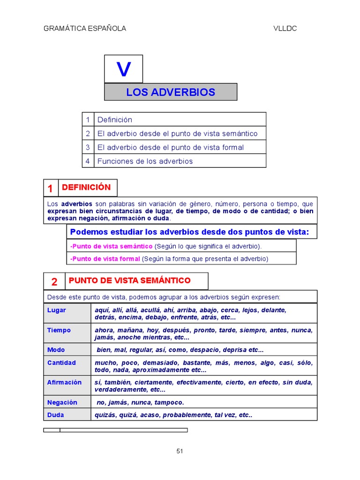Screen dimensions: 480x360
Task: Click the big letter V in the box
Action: pyautogui.click(x=124, y=69)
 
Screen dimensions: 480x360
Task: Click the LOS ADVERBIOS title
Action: pyautogui.click(x=171, y=92)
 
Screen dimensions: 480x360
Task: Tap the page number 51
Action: pyautogui.click(x=180, y=451)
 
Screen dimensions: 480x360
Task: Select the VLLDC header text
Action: pyautogui.click(x=285, y=29)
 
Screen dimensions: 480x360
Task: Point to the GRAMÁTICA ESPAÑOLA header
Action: pyautogui.click(x=85, y=29)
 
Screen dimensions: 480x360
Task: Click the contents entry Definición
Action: pyautogui.click(x=115, y=120)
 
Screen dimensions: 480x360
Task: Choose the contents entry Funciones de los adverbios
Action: pyautogui.click(x=145, y=161)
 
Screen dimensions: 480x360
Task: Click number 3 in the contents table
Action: pyautogui.click(x=88, y=147)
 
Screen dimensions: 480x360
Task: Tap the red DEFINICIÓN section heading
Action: pyautogui.click(x=86, y=187)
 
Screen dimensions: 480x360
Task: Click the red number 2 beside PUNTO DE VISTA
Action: pyautogui.click(x=54, y=282)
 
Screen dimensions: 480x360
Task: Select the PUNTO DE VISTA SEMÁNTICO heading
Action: pyautogui.click(x=129, y=281)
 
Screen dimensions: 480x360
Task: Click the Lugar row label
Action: pyautogui.click(x=57, y=310)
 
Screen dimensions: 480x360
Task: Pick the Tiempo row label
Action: pyautogui.click(x=59, y=330)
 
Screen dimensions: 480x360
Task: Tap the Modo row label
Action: pyautogui.click(x=56, y=350)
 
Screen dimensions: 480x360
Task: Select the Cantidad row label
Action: pyautogui.click(x=61, y=363)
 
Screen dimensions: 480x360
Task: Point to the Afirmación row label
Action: pyautogui.click(x=64, y=382)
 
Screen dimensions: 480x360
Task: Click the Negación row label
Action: pyautogui.click(x=62, y=402)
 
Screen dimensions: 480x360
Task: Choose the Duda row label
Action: pyautogui.click(x=56, y=415)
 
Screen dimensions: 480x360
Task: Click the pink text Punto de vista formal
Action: pyautogui.click(x=105, y=259)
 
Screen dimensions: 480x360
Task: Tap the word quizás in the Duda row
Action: pyautogui.click(x=105, y=415)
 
